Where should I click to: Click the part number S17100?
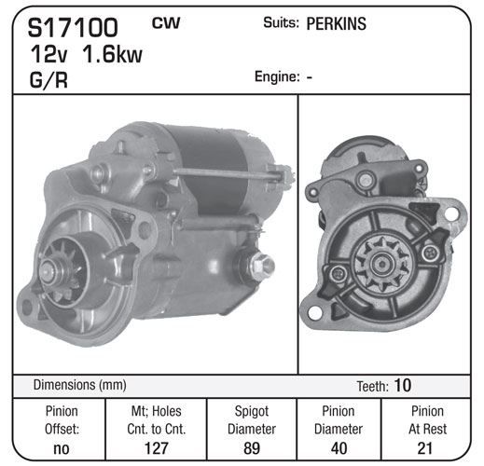(x=73, y=28)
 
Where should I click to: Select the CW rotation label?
(x=166, y=23)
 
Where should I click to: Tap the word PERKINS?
(x=337, y=23)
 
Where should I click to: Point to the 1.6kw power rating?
(x=112, y=54)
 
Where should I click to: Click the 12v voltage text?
(x=48, y=54)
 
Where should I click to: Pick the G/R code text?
(x=48, y=80)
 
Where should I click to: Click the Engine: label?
(x=277, y=76)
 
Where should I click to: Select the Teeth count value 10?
(x=403, y=386)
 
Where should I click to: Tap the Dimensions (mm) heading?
(x=80, y=385)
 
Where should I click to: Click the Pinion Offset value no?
(x=62, y=448)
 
